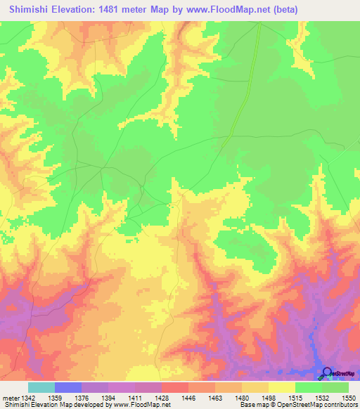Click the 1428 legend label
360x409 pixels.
coord(162,398)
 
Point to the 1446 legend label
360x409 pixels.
coord(188,398)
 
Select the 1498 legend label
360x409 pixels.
coord(269,398)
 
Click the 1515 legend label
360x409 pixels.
coord(295,398)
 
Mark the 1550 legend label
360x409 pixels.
coord(347,398)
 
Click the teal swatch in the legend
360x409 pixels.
coord(41,387)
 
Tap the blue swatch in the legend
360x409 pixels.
coord(68,387)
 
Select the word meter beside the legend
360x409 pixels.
coord(10,398)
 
